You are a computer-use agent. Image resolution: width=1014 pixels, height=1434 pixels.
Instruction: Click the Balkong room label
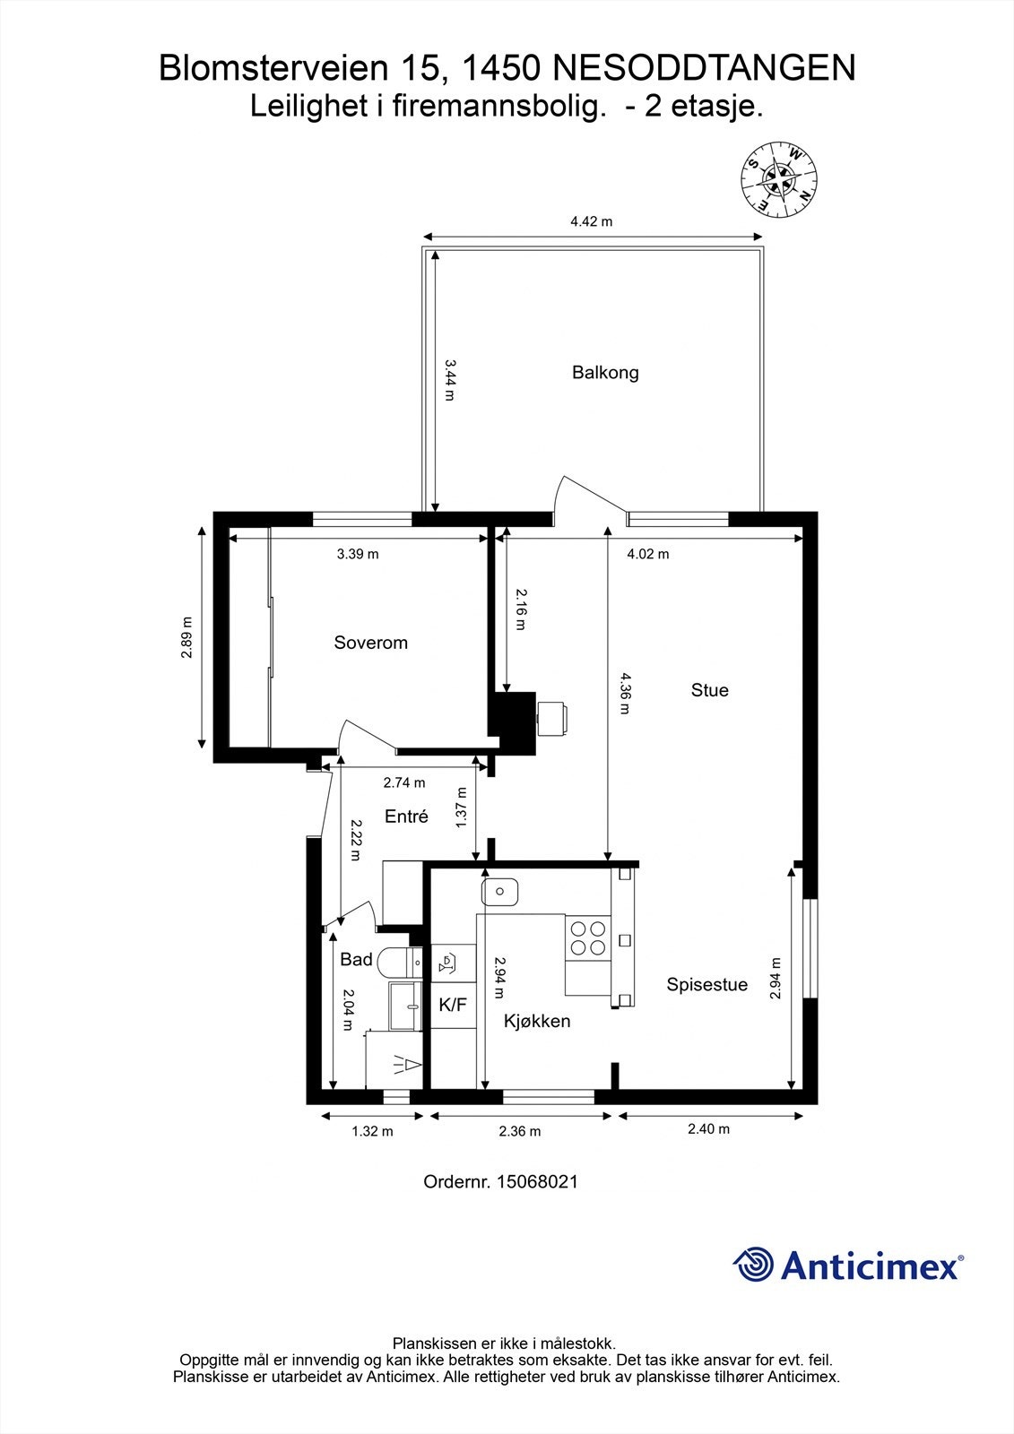605,372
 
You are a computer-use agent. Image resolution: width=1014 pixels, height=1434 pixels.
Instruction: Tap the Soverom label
370,643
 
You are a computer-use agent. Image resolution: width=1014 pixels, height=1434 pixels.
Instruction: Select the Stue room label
709,690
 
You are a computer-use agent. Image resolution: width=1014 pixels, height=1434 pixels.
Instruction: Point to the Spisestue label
706,985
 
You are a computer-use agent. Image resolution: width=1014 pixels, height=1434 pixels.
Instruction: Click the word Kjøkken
536,1021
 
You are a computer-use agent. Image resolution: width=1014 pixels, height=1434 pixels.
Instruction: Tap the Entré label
406,816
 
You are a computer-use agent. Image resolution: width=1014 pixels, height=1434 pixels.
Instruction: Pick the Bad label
356,960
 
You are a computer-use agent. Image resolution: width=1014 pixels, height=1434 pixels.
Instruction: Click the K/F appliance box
453,1006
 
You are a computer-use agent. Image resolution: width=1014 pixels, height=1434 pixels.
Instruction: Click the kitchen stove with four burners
587,937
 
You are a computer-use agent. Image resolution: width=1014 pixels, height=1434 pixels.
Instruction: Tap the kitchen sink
500,892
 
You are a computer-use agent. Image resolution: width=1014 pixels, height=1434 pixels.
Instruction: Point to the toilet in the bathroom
398,962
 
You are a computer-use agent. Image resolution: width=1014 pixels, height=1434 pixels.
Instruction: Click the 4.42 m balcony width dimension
591,221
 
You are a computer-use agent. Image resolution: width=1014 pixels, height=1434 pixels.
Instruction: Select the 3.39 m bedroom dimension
358,554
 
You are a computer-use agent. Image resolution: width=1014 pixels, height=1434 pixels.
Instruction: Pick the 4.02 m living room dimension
647,554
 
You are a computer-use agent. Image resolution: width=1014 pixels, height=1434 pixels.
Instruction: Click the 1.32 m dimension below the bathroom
372,1131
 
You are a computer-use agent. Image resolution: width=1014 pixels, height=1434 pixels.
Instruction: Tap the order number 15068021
500,1181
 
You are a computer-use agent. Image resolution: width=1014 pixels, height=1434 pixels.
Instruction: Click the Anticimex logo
847,1265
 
